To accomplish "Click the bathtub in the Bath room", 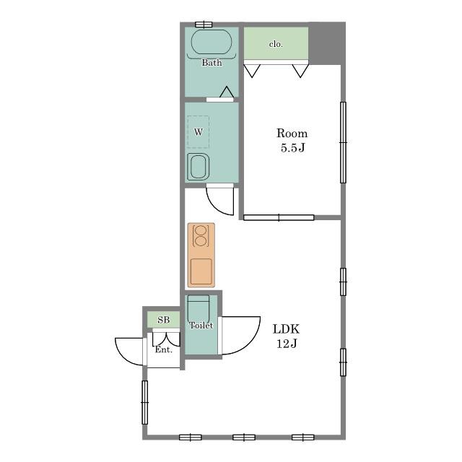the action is tap(212, 42).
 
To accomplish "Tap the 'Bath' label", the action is tap(212, 63).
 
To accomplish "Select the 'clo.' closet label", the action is tap(276, 44).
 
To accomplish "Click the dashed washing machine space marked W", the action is tap(199, 131).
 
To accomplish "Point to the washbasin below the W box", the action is tap(199, 167).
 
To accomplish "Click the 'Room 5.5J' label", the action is tap(292, 140).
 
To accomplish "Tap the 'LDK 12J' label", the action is tap(286, 336).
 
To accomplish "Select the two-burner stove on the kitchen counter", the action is tap(201, 236).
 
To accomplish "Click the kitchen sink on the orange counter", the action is tap(201, 271).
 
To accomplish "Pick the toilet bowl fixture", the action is tap(199, 308).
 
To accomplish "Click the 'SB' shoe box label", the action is tap(164, 320).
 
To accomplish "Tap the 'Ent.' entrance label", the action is tap(164, 349).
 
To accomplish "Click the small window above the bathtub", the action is tap(204, 24).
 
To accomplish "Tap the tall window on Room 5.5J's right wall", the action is tap(344, 143).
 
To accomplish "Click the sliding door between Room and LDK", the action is tap(279, 218).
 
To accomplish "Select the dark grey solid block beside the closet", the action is tap(327, 43).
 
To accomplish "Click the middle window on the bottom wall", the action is tap(244, 437).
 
